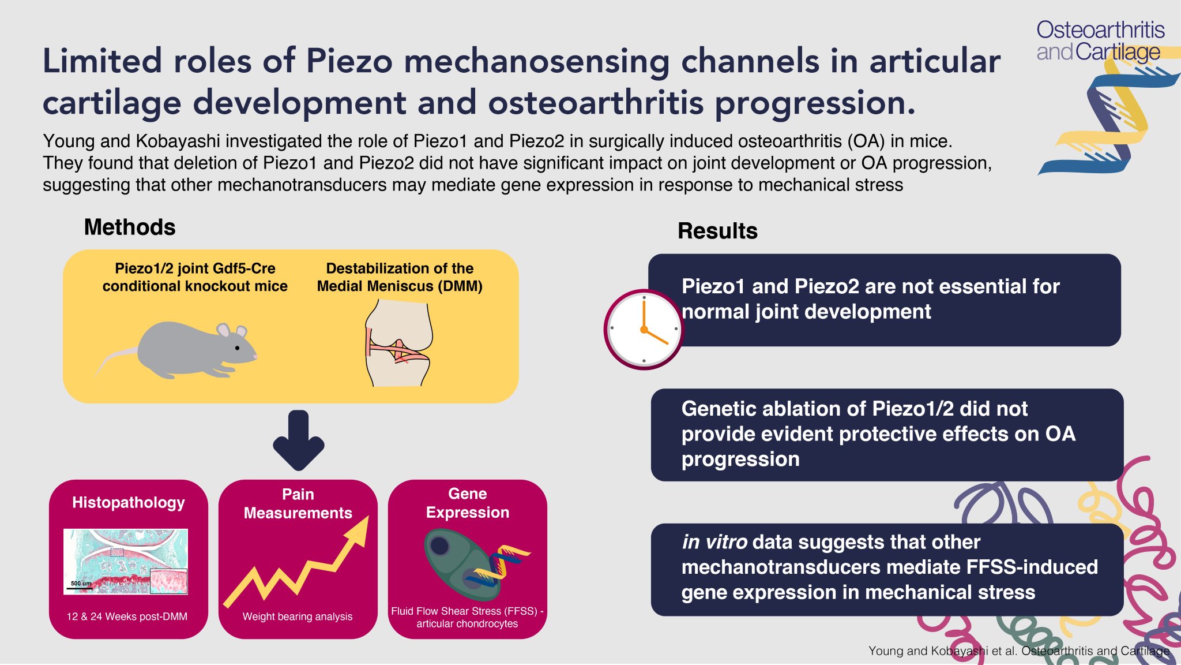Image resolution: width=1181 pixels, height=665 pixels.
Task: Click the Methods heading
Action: point(130,227)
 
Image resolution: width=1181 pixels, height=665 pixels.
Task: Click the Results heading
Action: point(717,231)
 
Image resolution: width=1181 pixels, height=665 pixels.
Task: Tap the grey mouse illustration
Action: point(185,350)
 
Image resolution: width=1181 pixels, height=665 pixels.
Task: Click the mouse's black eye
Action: point(237,348)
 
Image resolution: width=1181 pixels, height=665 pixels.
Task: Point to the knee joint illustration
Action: point(397,344)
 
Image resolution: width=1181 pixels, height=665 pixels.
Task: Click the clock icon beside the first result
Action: point(644,329)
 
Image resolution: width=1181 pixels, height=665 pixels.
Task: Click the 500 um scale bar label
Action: point(81,584)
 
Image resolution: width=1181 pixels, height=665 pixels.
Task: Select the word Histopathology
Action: point(129,503)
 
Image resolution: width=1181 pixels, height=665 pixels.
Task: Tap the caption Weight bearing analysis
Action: point(298,617)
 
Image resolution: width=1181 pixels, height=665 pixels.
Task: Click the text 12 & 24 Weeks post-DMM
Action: point(127,617)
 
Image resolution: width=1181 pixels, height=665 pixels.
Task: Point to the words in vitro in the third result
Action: point(714,542)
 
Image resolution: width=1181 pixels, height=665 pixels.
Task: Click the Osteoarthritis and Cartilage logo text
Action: point(1100,40)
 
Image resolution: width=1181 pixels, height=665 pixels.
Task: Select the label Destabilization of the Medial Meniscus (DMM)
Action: point(400,277)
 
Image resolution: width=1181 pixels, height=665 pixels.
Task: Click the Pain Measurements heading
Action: point(298,503)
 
